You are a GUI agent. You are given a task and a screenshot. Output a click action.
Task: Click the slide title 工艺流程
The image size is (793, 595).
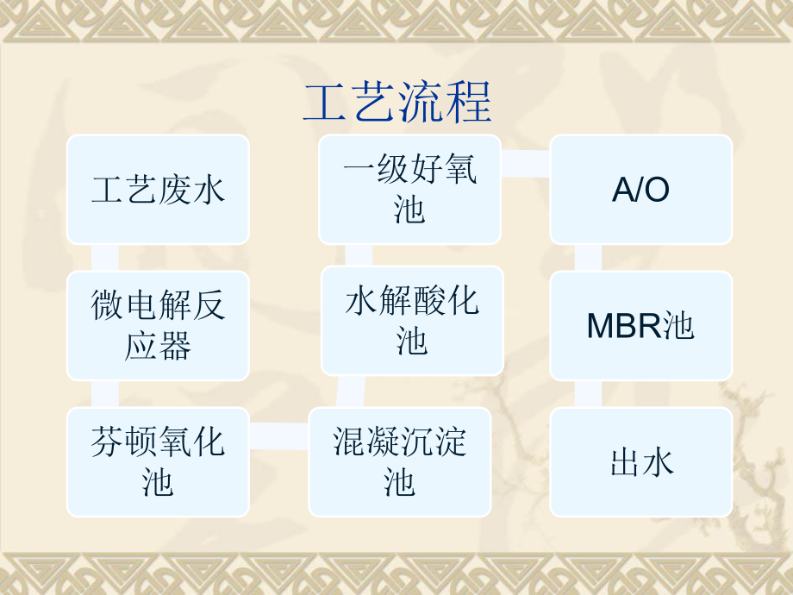click(x=396, y=102)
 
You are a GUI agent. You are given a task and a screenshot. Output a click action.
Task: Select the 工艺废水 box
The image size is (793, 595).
click(x=158, y=190)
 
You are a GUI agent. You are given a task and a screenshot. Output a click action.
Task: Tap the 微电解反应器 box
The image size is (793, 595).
click(x=158, y=326)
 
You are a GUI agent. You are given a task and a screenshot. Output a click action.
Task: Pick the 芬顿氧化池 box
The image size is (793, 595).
click(x=158, y=462)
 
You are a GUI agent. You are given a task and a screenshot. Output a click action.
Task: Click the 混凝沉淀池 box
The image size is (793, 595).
click(x=400, y=462)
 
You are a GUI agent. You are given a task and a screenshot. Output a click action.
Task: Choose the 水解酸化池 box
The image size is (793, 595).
click(x=412, y=321)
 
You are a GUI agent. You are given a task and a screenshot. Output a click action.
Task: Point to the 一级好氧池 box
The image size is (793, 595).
click(x=409, y=190)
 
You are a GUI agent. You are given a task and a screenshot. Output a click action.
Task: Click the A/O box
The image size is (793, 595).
click(x=641, y=190)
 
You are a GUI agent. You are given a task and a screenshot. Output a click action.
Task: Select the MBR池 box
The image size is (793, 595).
click(x=641, y=326)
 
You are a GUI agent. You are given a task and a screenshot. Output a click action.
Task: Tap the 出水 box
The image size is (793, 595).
click(x=641, y=462)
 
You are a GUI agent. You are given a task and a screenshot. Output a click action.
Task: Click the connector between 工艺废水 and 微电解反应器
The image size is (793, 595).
click(x=105, y=257)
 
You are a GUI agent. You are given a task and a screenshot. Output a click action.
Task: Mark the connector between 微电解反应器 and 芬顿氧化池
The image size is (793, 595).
click(x=105, y=393)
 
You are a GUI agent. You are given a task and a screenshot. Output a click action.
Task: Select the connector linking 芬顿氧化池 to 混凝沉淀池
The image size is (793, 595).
click(x=278, y=438)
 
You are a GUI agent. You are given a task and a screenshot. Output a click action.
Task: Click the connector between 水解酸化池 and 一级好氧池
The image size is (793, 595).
click(x=359, y=255)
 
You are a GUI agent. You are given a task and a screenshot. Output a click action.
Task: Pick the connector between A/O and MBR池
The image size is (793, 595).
click(x=589, y=257)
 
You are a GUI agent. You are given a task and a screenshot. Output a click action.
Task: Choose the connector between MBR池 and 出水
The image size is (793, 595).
click(x=589, y=393)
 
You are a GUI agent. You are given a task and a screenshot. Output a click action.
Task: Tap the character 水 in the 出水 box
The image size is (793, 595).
click(x=658, y=463)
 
